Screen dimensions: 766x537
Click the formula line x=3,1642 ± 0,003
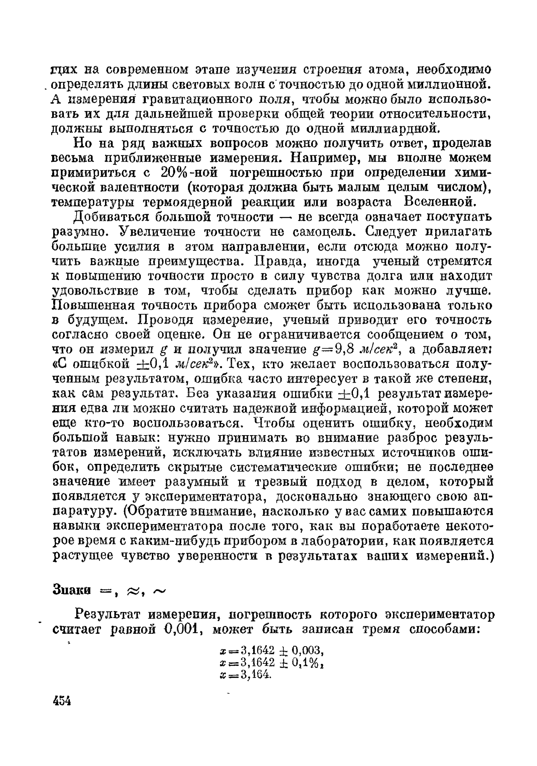click(x=271, y=650)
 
